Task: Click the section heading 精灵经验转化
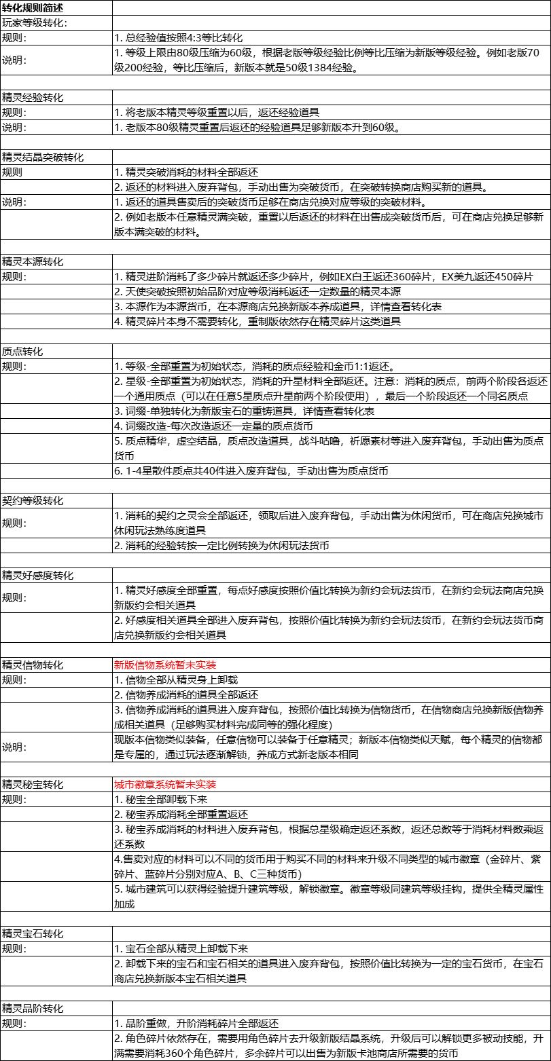(33, 98)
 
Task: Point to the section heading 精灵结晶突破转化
(43, 157)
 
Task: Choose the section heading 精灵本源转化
(33, 261)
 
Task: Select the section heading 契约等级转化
(33, 501)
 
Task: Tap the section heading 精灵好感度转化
(39, 575)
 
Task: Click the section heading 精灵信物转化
(33, 665)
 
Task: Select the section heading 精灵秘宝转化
(33, 784)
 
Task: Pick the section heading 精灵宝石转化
(33, 933)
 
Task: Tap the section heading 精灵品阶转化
(33, 1008)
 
